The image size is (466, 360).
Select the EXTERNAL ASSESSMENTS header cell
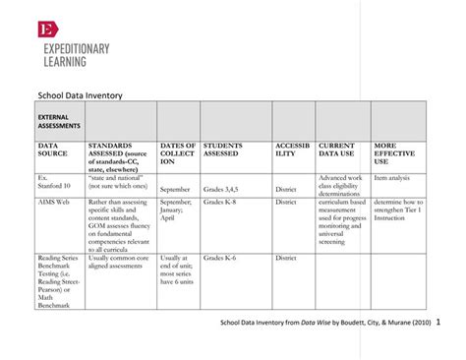[59, 122]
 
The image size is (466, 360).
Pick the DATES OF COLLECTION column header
[177, 153]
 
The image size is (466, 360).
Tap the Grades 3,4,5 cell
[221, 188]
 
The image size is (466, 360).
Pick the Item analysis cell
[393, 177]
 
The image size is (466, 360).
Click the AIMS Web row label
[55, 201]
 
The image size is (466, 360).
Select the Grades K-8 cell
[219, 201]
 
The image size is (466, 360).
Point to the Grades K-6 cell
[219, 258]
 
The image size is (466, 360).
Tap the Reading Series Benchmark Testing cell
[60, 279]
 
